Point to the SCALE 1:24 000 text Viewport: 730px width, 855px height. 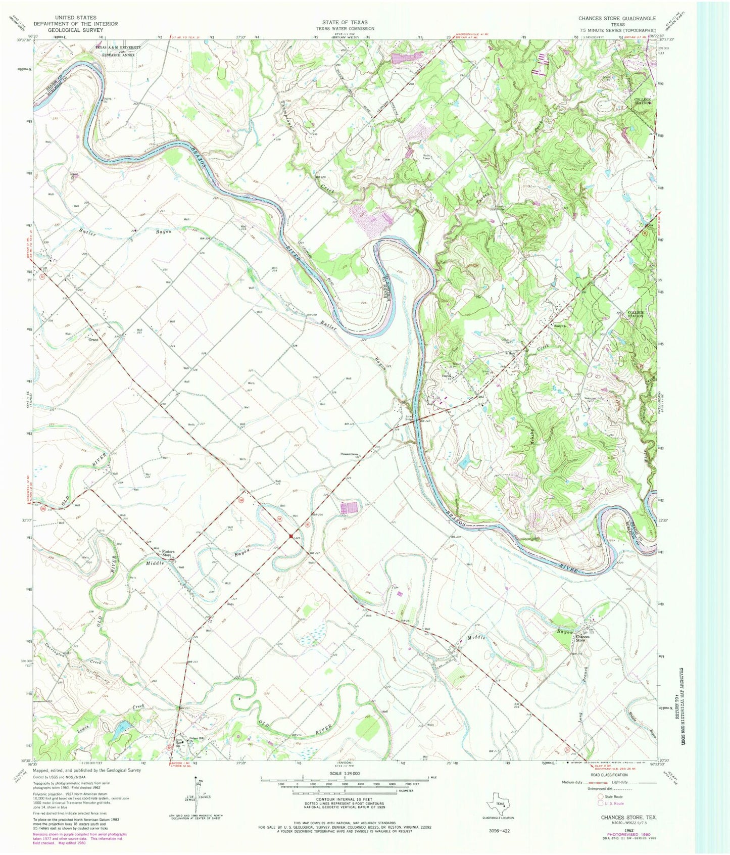[344, 773]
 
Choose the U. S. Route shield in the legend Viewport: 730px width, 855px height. [600, 803]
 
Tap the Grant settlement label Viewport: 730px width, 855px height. [93, 340]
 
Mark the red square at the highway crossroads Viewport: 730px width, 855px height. [291, 536]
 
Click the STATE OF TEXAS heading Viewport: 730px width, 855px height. [345, 22]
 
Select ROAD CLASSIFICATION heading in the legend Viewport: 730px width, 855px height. [606, 775]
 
